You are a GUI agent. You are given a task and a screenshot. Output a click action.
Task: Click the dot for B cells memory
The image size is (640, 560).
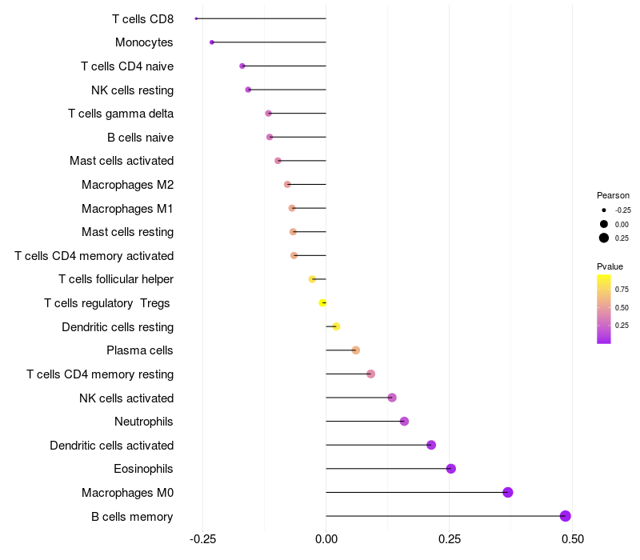(x=566, y=516)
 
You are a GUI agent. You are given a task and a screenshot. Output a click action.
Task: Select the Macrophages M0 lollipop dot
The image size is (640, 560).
(x=508, y=492)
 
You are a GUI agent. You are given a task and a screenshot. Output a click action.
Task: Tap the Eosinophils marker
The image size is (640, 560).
(x=451, y=469)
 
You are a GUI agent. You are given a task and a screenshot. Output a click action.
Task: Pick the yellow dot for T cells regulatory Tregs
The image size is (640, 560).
(x=322, y=302)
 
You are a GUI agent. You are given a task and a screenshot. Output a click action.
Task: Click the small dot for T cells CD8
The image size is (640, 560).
(x=196, y=18)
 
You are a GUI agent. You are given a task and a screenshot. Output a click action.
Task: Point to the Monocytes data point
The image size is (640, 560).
(x=211, y=42)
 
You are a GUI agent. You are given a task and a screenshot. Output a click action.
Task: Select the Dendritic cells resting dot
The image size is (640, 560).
(x=336, y=326)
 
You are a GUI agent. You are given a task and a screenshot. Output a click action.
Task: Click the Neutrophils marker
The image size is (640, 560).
(x=404, y=422)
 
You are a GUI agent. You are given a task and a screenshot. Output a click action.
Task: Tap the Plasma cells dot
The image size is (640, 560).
(x=356, y=350)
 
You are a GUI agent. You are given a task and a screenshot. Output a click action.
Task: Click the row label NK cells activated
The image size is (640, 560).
(x=126, y=398)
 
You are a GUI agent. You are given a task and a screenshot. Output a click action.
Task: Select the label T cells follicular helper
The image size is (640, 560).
(x=116, y=279)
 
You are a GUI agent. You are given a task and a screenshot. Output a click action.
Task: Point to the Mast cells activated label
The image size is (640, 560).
(x=122, y=161)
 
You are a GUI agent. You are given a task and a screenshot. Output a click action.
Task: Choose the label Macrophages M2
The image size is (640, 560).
(x=127, y=185)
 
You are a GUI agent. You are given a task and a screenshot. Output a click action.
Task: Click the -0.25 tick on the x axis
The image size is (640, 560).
(x=202, y=539)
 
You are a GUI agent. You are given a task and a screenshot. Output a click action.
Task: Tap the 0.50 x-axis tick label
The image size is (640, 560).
(x=572, y=539)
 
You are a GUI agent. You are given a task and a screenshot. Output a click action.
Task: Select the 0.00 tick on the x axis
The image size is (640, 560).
(x=326, y=539)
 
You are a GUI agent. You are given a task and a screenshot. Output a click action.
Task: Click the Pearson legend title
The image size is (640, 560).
(x=613, y=195)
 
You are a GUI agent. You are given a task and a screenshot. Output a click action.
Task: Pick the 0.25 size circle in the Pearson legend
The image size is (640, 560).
(x=604, y=238)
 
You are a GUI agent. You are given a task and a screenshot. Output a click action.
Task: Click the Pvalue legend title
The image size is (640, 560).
(x=610, y=266)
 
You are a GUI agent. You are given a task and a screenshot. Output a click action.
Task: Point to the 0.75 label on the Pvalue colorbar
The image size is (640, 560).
(x=622, y=289)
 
